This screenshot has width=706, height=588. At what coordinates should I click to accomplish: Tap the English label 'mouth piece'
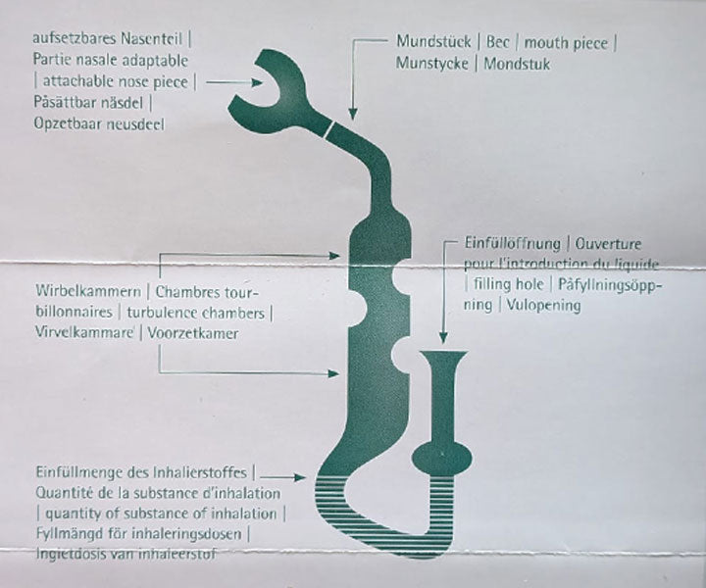point(571,42)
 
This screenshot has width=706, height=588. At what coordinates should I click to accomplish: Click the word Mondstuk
point(516,64)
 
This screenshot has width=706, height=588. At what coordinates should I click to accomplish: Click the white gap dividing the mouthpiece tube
point(333,126)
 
